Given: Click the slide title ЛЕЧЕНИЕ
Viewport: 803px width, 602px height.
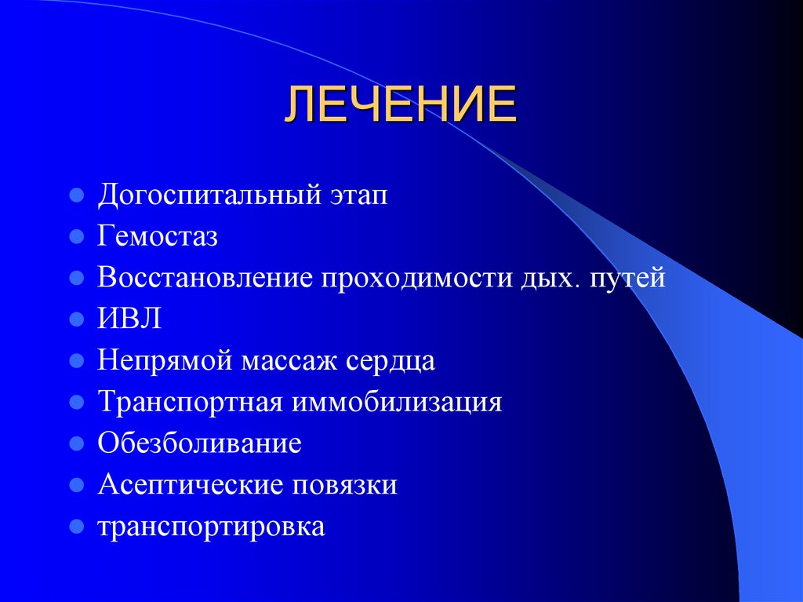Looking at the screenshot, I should [x=400, y=106].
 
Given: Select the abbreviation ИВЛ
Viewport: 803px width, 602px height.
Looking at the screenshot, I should [x=129, y=319].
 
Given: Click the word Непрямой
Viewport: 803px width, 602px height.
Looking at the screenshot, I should [x=165, y=361].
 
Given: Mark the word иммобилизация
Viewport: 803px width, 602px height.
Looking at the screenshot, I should [x=397, y=403].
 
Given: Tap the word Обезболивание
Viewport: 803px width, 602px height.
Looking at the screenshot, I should [x=199, y=443].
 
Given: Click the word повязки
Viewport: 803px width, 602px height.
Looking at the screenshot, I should [x=345, y=485].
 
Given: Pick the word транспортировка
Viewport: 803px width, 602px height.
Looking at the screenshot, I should [x=210, y=527].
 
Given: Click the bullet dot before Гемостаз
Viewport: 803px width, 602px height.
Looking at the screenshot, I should [x=76, y=236].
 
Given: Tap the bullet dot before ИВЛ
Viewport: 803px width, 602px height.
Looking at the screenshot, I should [x=76, y=319].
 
